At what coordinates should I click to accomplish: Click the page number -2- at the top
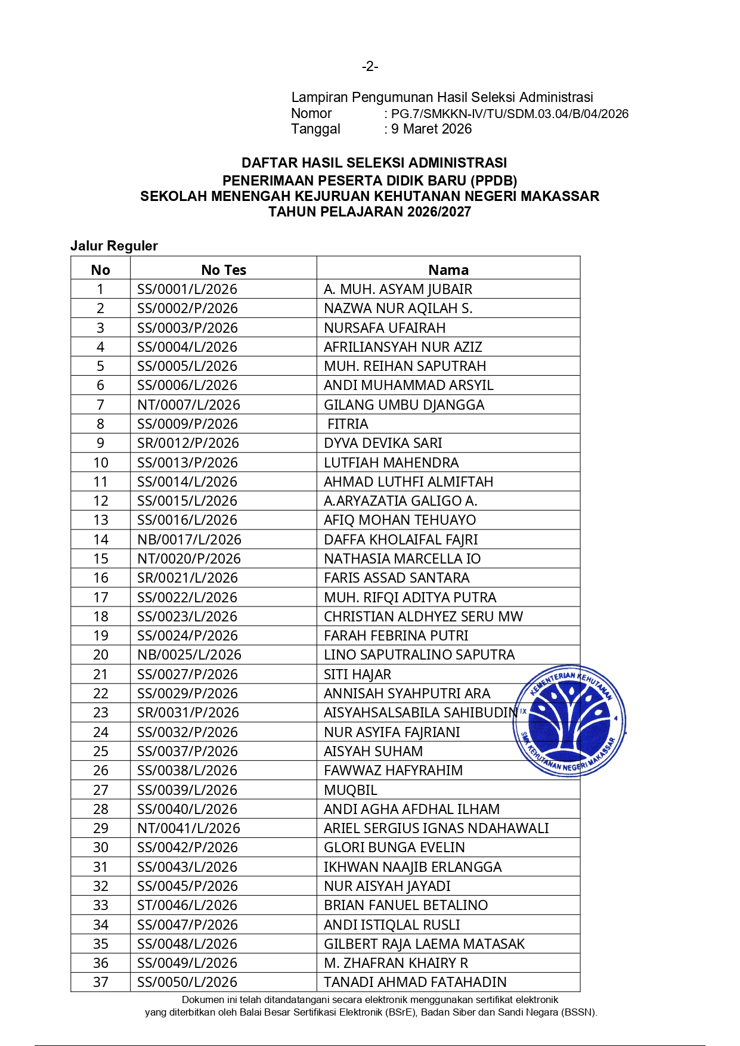pos(370,66)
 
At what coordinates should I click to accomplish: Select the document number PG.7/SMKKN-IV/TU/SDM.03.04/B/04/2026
pos(509,114)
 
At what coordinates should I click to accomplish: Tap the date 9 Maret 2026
pos(431,129)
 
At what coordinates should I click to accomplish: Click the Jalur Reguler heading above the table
pos(114,246)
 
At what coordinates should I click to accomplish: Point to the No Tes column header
pos(224,270)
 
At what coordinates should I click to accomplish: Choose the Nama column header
pos(448,270)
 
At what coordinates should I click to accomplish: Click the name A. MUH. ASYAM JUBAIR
pos(398,289)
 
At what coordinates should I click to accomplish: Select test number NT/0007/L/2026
pos(188,405)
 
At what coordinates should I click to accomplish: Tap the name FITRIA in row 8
pos(348,424)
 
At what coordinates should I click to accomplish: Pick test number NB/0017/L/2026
pos(189,540)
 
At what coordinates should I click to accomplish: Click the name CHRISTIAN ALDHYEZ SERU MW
pos(423,617)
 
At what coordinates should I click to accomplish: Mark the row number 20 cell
pos(101,655)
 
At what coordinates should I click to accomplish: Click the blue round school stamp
pos(569,720)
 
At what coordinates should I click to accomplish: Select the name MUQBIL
pos(351,790)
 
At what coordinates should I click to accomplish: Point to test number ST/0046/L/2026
pos(187,905)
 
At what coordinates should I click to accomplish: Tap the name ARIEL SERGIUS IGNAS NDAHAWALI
pos(436,828)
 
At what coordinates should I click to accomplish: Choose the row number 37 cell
pos(101,982)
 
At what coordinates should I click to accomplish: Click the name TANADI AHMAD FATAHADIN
pos(415,982)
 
